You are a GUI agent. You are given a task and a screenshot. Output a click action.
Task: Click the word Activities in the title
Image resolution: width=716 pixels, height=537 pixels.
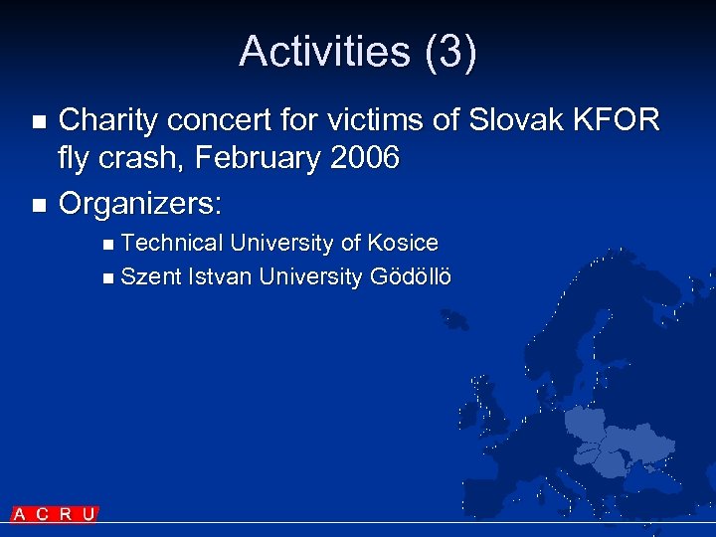point(325,52)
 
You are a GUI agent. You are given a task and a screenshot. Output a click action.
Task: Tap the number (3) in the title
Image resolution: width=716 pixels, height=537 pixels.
point(450,52)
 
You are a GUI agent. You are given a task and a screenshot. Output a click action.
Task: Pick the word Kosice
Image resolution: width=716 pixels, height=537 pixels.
point(403,243)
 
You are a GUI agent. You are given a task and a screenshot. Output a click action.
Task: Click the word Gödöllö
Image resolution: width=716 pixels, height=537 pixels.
point(410,275)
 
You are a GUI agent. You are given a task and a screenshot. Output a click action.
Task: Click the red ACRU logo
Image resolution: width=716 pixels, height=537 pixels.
point(55,514)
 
